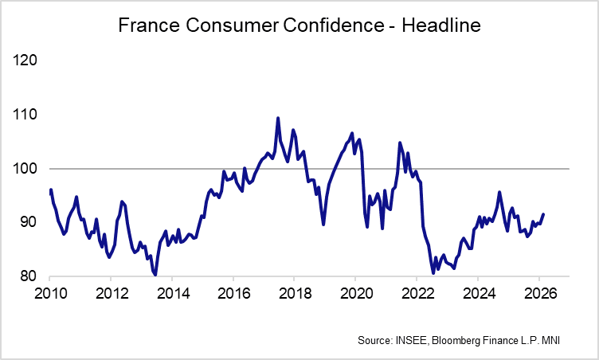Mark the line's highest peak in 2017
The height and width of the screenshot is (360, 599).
pyautogui.click(x=278, y=118)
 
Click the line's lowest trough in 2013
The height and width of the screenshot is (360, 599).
pyautogui.click(x=155, y=275)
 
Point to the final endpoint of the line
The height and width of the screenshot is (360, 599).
pyautogui.click(x=543, y=214)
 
